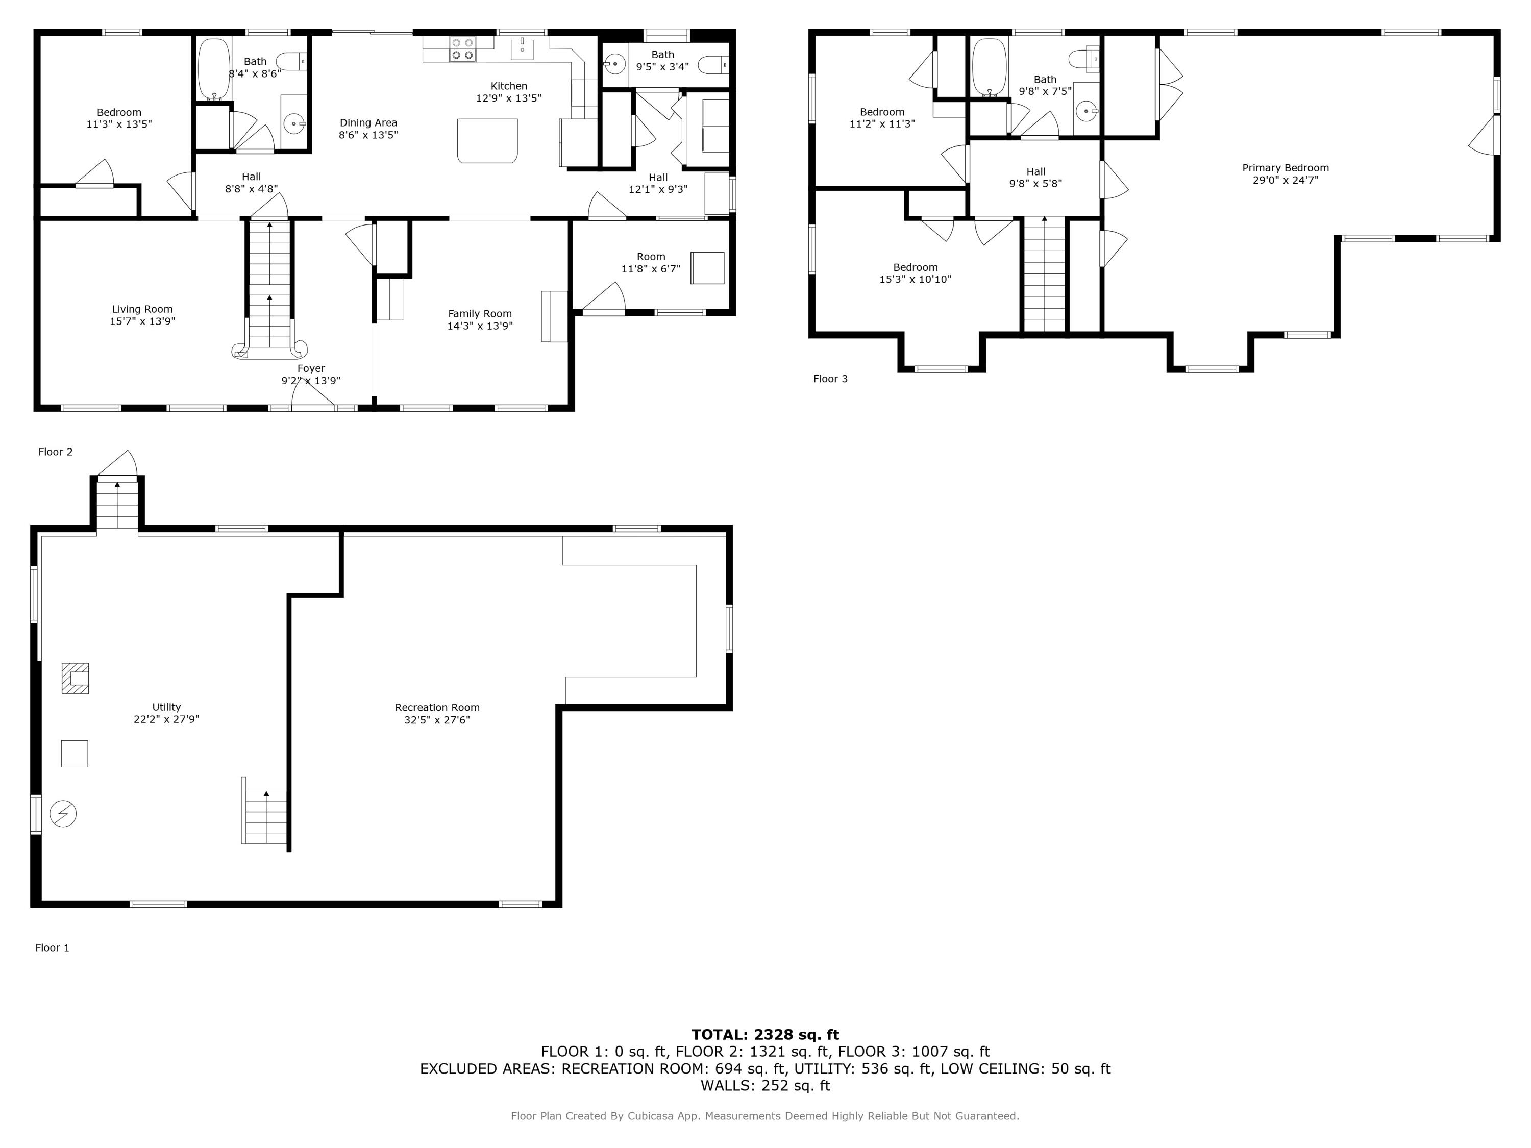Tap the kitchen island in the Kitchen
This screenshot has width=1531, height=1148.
click(x=487, y=140)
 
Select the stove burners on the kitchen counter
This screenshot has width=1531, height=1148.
click(x=462, y=48)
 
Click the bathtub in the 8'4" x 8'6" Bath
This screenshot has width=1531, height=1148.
click(x=214, y=69)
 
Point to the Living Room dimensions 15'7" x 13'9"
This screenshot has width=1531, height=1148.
click(x=142, y=321)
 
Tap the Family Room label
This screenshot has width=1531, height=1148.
click(x=480, y=313)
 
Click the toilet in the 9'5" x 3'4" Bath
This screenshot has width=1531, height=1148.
click(x=713, y=66)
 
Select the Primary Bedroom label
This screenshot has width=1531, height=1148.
click(x=1286, y=167)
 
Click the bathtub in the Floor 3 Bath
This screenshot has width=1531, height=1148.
click(x=989, y=66)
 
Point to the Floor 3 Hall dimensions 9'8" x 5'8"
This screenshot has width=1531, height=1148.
click(x=1035, y=183)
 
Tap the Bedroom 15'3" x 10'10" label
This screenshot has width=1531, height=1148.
click(x=915, y=267)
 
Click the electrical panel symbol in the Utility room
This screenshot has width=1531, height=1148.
click(x=63, y=813)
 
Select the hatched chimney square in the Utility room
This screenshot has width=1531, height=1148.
click(x=75, y=678)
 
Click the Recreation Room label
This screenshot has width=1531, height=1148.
click(x=437, y=707)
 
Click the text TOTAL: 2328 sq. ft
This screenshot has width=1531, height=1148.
click(x=765, y=1035)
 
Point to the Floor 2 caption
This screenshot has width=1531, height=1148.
click(x=55, y=452)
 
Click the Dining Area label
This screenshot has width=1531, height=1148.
click(x=368, y=122)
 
